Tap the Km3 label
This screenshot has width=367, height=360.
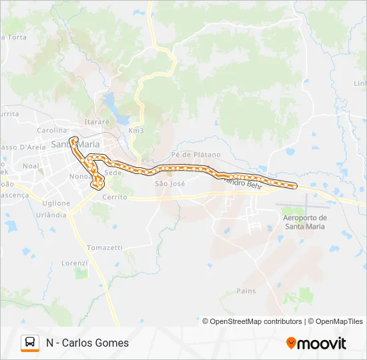(136, 131)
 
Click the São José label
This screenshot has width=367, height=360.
(169, 183)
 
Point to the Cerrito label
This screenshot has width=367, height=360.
(115, 197)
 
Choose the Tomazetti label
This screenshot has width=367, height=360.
(105, 247)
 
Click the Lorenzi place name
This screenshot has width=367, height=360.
(75, 263)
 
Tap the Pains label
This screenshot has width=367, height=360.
(246, 291)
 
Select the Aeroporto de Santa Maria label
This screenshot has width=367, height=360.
(305, 222)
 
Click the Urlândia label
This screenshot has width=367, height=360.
(51, 215)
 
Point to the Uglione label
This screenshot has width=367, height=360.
(56, 203)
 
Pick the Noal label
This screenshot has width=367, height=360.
(31, 165)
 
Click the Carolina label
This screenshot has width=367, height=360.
(52, 130)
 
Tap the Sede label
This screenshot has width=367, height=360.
(113, 172)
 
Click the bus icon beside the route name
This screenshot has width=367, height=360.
(30, 343)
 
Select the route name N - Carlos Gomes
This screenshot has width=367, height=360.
(87, 343)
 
